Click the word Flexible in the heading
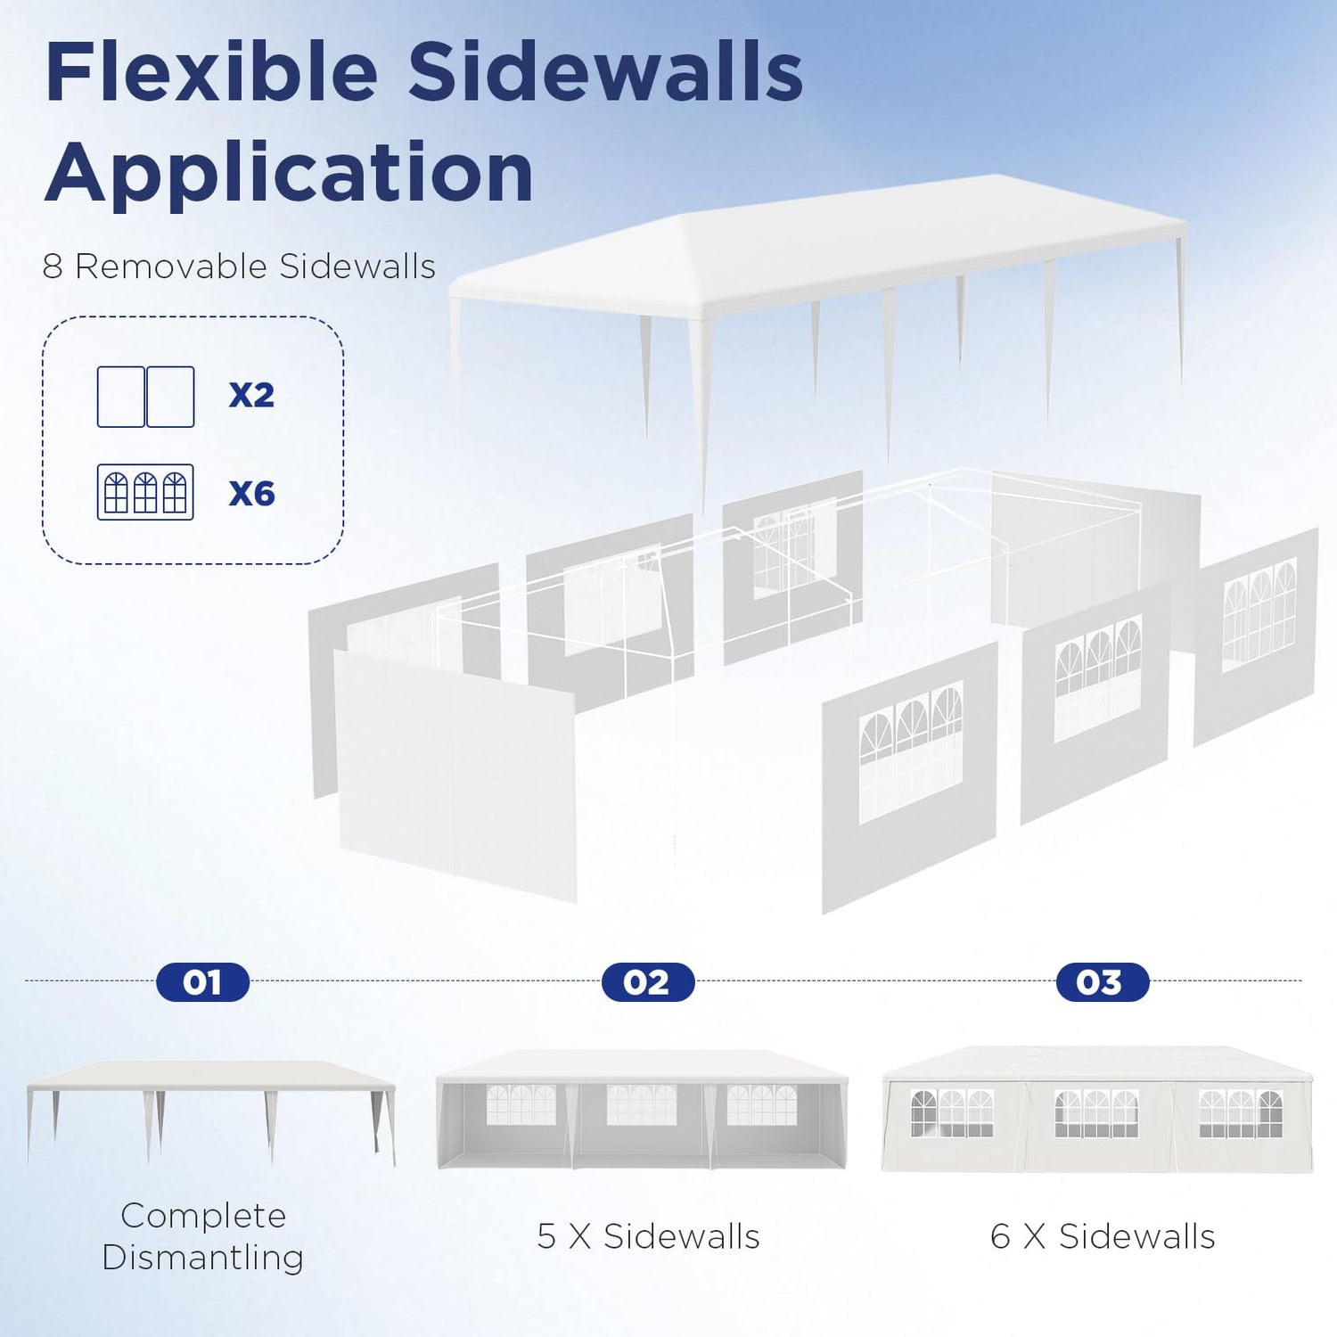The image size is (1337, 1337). [x=212, y=73]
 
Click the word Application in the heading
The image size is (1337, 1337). [x=289, y=173]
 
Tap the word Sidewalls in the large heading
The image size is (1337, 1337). [x=606, y=73]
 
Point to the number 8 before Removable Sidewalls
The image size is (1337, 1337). [x=53, y=267]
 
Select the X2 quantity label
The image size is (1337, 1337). [x=251, y=395]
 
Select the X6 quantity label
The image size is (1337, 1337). [x=251, y=493]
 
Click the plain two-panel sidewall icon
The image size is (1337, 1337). [x=145, y=397]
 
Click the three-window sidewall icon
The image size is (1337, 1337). [x=145, y=492]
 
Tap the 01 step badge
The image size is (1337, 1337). [x=202, y=982]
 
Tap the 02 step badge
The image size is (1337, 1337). [x=647, y=982]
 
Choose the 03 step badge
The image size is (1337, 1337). [x=1102, y=982]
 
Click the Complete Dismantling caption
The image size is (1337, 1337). [x=203, y=1236]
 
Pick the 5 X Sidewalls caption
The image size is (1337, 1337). [x=648, y=1236]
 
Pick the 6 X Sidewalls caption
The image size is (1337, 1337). [x=1103, y=1236]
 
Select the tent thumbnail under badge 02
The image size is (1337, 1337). [x=642, y=1110]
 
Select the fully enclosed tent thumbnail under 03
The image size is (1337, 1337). [x=1097, y=1110]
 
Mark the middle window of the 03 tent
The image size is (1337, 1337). [x=1096, y=1113]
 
